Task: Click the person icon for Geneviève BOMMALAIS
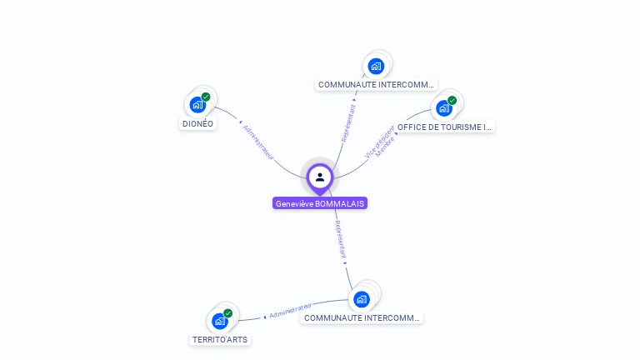coord(320,177)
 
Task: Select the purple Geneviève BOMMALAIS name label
coord(320,203)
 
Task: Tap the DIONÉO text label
coord(197,124)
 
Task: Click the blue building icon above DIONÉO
coord(197,105)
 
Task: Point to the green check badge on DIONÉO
coord(206,97)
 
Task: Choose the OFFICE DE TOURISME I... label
coord(445,127)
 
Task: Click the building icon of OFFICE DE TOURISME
coord(444,107)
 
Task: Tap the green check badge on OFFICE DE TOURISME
coord(452,100)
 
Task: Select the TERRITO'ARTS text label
coord(220,340)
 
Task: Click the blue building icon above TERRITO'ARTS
coord(220,321)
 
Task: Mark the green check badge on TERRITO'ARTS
coord(228,313)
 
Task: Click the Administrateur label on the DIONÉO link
coord(258,142)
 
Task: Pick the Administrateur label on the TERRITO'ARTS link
coord(291,311)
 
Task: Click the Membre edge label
coord(386,147)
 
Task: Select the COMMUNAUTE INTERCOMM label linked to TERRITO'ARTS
coord(362,317)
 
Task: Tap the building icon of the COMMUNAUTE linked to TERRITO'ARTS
coord(361,298)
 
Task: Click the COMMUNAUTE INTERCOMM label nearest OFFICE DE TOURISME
coord(377,84)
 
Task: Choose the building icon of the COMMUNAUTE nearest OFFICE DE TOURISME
coord(376,66)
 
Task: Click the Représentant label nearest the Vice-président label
coord(349,122)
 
